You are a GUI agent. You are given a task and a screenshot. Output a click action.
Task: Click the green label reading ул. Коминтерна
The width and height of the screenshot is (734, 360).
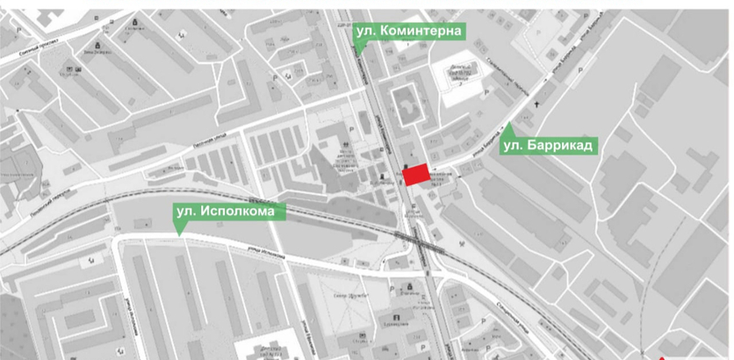click(408, 32)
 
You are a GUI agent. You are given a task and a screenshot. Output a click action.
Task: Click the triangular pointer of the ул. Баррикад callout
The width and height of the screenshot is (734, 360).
click(508, 127)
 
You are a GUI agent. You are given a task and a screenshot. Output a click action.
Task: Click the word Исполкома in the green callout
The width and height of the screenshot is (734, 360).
click(243, 212)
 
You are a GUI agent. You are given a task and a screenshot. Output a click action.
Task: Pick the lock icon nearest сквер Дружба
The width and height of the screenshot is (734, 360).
click(408, 287)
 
